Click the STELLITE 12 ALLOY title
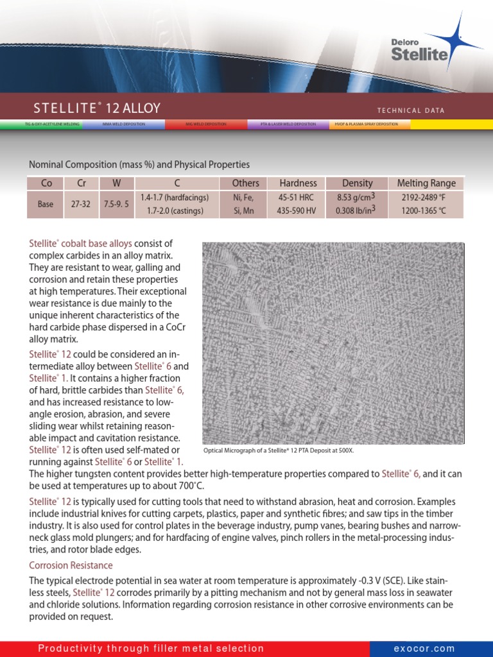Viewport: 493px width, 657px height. pyautogui.click(x=97, y=108)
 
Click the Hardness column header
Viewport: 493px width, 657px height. pyautogui.click(x=298, y=183)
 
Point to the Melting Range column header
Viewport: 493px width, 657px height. pyautogui.click(x=426, y=183)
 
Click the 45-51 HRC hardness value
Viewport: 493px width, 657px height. pyautogui.click(x=298, y=198)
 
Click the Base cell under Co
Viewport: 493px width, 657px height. pyautogui.click(x=46, y=204)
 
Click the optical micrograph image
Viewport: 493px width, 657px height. pyautogui.click(x=333, y=343)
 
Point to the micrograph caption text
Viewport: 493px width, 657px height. pyautogui.click(x=279, y=450)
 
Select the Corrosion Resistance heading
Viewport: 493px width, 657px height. pyautogui.click(x=71, y=565)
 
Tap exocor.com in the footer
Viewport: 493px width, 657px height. pyautogui.click(x=424, y=649)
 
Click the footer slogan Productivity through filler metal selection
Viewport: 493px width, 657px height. pyautogui.click(x=151, y=649)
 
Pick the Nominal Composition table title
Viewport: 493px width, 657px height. pyautogui.click(x=139, y=165)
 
